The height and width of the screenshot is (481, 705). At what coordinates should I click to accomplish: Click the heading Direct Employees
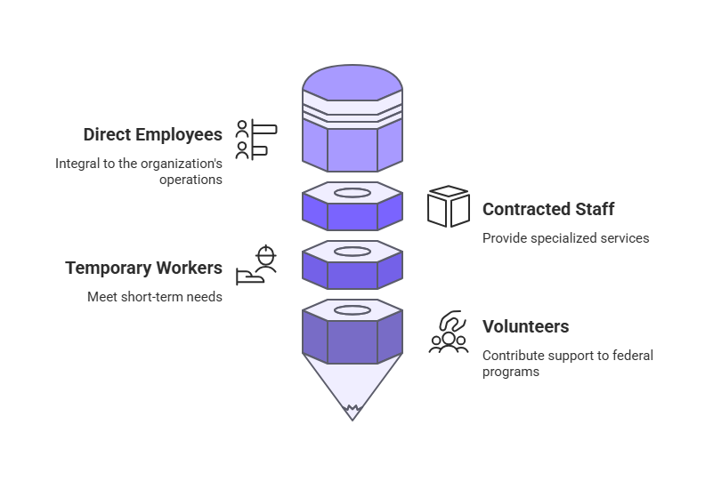point(152,135)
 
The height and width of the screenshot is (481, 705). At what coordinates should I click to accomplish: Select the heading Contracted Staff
point(548,210)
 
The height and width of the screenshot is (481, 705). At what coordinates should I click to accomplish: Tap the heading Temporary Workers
point(143,269)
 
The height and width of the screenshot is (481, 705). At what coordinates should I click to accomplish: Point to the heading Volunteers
point(525,326)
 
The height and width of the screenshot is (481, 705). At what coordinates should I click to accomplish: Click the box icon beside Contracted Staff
point(448,206)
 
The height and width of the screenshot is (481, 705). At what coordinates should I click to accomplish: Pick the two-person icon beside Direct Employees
point(255,140)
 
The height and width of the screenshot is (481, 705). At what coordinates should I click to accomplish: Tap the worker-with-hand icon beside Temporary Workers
point(257,266)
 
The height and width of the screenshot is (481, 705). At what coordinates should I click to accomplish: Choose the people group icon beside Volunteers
point(449,332)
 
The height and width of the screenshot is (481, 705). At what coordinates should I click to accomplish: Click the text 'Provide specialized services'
point(565,238)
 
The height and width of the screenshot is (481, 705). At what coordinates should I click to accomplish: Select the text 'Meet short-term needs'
point(154,297)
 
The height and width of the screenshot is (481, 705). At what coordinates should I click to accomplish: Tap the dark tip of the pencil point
point(352,413)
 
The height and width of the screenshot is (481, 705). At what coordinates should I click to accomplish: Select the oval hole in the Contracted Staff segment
point(352,192)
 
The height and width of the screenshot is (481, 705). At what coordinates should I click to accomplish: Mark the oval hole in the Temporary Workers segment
point(352,252)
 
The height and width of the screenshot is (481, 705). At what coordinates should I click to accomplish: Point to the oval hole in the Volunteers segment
point(352,311)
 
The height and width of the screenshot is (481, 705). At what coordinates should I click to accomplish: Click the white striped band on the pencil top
point(352,115)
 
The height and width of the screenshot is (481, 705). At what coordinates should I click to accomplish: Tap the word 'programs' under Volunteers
point(511,372)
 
